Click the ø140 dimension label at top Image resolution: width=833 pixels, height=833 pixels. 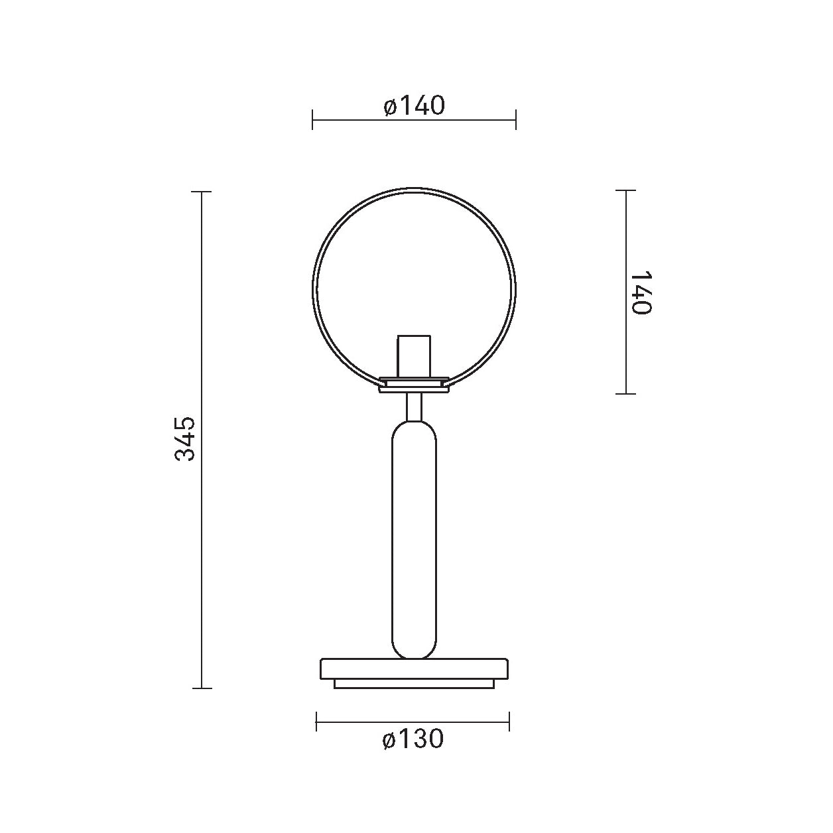coord(414,106)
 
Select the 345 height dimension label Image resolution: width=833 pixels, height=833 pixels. coord(186,439)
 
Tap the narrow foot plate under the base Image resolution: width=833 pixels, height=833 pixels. coord(414,684)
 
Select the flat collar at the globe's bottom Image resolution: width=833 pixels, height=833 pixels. coord(414,384)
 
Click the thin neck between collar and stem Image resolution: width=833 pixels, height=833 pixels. coord(414,407)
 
